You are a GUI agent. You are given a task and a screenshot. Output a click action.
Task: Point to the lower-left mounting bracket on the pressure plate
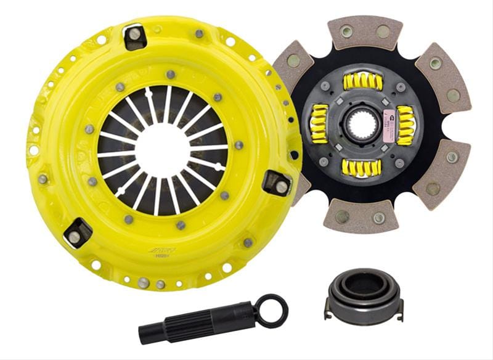[77, 232]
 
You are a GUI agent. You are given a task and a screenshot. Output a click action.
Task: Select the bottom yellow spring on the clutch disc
[362, 168]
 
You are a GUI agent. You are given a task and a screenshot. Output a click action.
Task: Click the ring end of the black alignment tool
[272, 309]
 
